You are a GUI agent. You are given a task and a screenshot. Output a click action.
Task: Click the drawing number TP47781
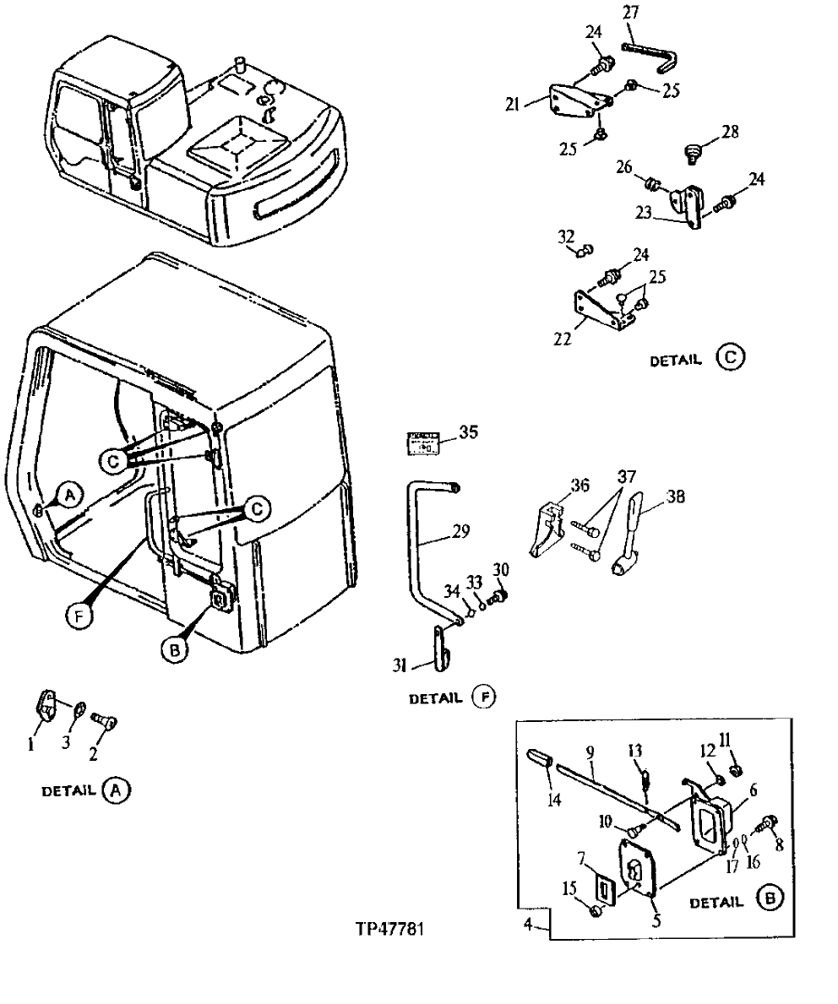pyautogui.click(x=389, y=928)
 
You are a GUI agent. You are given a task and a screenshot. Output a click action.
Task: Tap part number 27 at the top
pyautogui.click(x=631, y=13)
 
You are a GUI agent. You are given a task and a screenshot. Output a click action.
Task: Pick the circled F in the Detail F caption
pyautogui.click(x=484, y=697)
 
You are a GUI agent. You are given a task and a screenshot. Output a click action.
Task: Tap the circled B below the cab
pyautogui.click(x=175, y=649)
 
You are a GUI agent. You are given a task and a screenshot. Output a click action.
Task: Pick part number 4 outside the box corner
pyautogui.click(x=527, y=924)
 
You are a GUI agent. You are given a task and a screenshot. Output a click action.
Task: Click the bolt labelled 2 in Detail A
pyautogui.click(x=106, y=720)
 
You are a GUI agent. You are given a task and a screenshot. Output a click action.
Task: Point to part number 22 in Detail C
pyautogui.click(x=562, y=339)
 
